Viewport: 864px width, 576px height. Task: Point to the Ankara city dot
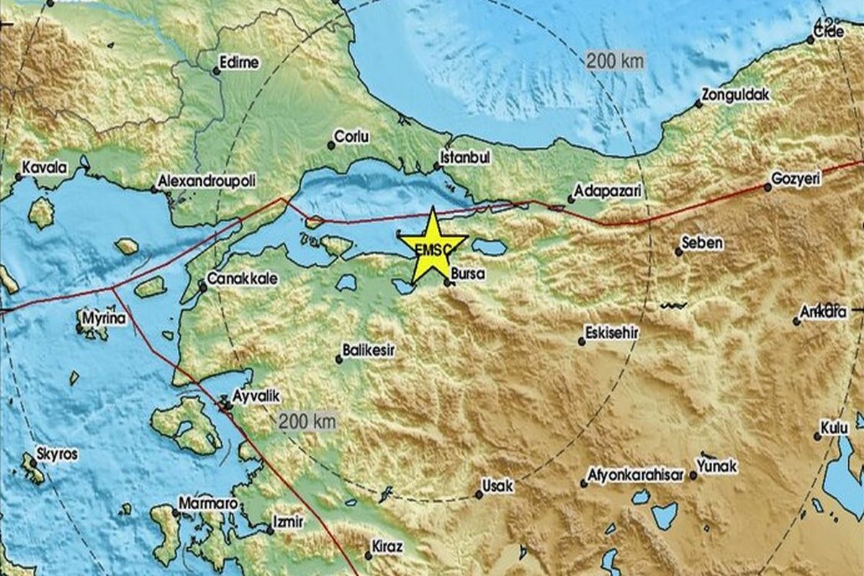tap(797, 321)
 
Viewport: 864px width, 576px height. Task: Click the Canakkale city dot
tap(203, 288)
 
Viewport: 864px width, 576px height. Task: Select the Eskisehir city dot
tap(582, 342)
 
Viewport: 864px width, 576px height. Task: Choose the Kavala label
tap(44, 168)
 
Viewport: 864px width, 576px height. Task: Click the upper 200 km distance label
tap(614, 61)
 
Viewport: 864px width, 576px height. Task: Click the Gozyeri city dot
tap(768, 187)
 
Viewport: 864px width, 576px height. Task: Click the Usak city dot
tap(479, 495)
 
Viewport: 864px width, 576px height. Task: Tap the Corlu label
tap(354, 136)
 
